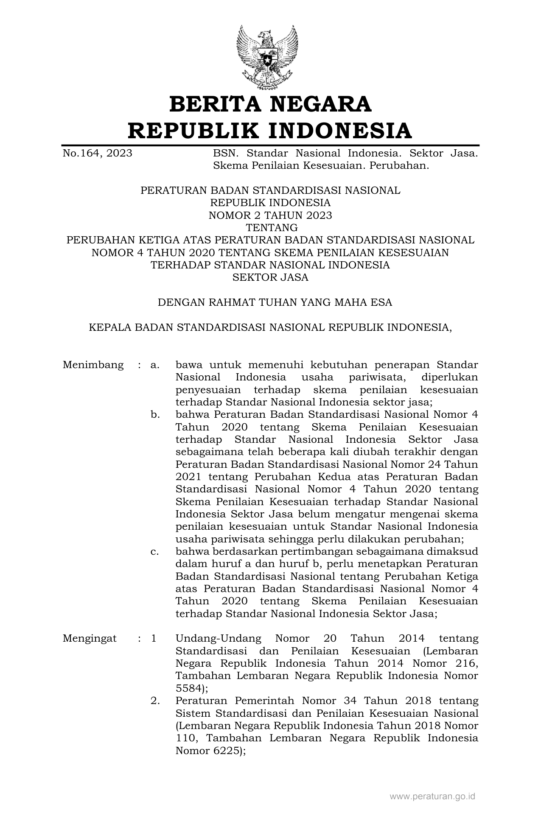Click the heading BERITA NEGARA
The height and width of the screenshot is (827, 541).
click(x=270, y=104)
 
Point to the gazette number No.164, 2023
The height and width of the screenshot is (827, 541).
click(x=97, y=153)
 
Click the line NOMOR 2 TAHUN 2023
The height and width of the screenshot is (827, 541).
click(x=270, y=215)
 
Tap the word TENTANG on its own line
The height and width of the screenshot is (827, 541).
click(x=270, y=228)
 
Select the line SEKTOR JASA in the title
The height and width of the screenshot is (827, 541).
click(x=270, y=278)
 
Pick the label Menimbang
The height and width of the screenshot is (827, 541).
click(x=93, y=365)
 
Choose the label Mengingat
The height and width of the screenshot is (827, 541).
click(x=90, y=639)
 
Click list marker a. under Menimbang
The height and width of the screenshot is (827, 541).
click(x=154, y=365)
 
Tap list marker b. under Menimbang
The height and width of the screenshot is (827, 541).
click(x=155, y=415)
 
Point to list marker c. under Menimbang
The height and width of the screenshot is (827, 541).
click(x=154, y=552)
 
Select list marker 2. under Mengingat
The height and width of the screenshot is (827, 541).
click(x=155, y=701)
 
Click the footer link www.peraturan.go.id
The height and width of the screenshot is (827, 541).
click(x=432, y=796)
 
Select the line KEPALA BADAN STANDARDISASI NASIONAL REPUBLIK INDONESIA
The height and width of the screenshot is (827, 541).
click(x=270, y=328)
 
